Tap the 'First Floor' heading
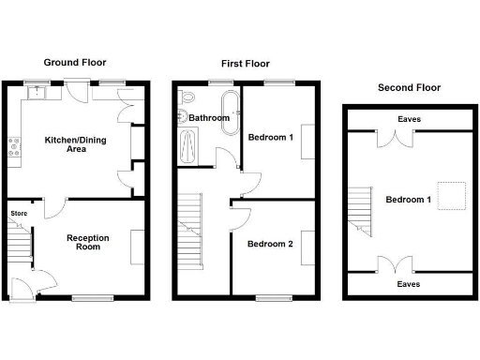tap(245, 65)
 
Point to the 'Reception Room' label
tap(87, 243)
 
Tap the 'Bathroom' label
tap(209, 118)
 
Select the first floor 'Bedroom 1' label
tap(269, 138)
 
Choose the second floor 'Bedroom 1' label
tap(408, 199)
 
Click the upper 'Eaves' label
tap(408, 120)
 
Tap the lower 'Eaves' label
tap(408, 283)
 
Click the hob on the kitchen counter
tap(15, 147)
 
